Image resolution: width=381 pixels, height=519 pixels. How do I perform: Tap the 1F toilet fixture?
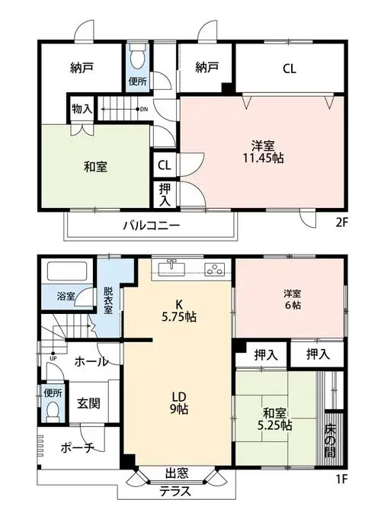coord(53,412)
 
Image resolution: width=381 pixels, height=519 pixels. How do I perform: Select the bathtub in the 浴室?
coord(67,271)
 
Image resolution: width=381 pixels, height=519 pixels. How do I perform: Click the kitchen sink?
coord(171,267)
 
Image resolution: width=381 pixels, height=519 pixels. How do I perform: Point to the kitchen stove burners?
coord(214,270)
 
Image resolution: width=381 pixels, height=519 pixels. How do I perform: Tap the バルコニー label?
coord(152,226)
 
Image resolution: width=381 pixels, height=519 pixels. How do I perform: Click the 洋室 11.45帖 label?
coord(263,152)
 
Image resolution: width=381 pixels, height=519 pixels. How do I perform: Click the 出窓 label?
coord(177,473)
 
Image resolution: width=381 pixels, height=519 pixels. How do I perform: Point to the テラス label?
coord(175,492)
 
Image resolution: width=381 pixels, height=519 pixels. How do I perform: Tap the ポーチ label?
coord(77,448)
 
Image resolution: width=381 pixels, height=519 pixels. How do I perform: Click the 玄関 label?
coord(88,403)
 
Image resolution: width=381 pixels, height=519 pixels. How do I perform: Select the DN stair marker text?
coord(144,109)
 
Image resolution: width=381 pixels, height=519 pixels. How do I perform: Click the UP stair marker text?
coord(53,358)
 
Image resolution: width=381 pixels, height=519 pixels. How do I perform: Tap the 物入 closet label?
coord(82,108)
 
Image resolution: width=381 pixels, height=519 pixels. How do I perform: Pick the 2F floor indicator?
coord(341,223)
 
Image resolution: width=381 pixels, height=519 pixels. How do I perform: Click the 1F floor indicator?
coord(341,479)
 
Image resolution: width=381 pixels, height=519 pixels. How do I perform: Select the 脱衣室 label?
coord(108,300)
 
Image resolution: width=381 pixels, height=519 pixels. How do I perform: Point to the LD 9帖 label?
coord(179,403)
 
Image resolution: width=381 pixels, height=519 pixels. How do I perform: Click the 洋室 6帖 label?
coord(293,300)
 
